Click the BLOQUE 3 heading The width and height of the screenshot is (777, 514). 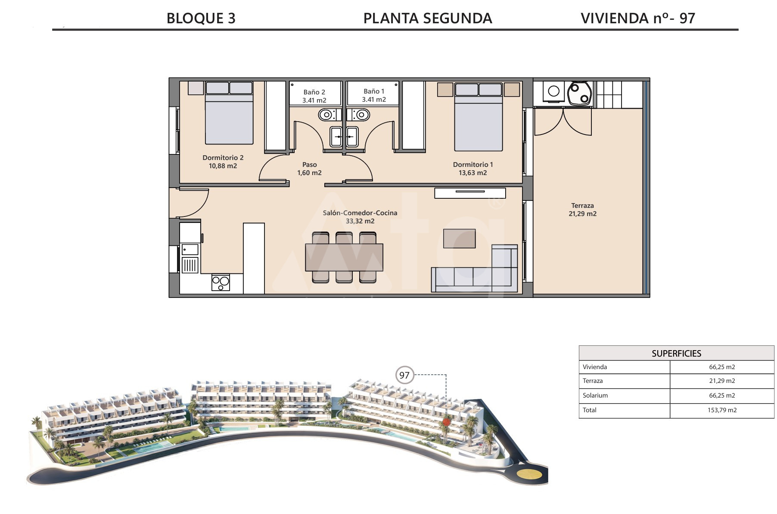tap(201, 18)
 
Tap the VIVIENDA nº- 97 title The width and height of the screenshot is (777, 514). tap(638, 18)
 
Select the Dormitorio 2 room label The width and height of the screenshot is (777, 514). tap(223, 158)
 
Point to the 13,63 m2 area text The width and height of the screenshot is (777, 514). tap(472, 173)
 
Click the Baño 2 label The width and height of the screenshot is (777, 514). tap(314, 92)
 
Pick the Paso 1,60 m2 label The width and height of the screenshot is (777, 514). tap(309, 169)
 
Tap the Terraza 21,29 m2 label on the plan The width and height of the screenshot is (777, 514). tap(582, 210)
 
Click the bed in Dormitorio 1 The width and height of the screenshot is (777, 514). tap(479, 117)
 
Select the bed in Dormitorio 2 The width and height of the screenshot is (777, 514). tap(229, 113)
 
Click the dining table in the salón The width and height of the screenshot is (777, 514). tap(344, 257)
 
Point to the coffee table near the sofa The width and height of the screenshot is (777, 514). tap(460, 238)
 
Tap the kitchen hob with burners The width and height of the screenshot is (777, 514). tap(221, 282)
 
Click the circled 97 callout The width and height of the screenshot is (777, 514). tap(404, 375)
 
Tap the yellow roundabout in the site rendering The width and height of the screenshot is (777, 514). tap(529, 474)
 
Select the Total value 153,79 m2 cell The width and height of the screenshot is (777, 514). tap(722, 410)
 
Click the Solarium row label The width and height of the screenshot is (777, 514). tap(595, 395)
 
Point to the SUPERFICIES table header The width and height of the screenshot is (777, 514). tap(676, 354)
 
